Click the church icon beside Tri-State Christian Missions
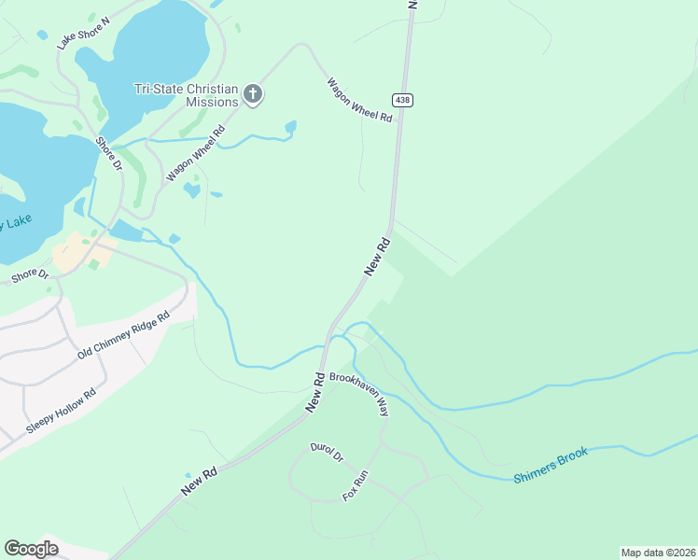pos(252,93)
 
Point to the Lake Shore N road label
pos(83,32)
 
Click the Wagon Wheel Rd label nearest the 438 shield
pos(358,99)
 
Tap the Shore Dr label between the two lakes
pos(109,154)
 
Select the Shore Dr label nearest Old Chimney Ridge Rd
pos(30,274)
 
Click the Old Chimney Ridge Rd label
pos(123,336)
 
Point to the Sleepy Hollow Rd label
pos(62,411)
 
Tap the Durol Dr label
pos(327,452)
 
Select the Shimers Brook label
pos(551,466)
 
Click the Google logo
pos(31,549)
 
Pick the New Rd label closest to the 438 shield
pos(377,255)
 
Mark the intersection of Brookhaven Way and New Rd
pos(329,373)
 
